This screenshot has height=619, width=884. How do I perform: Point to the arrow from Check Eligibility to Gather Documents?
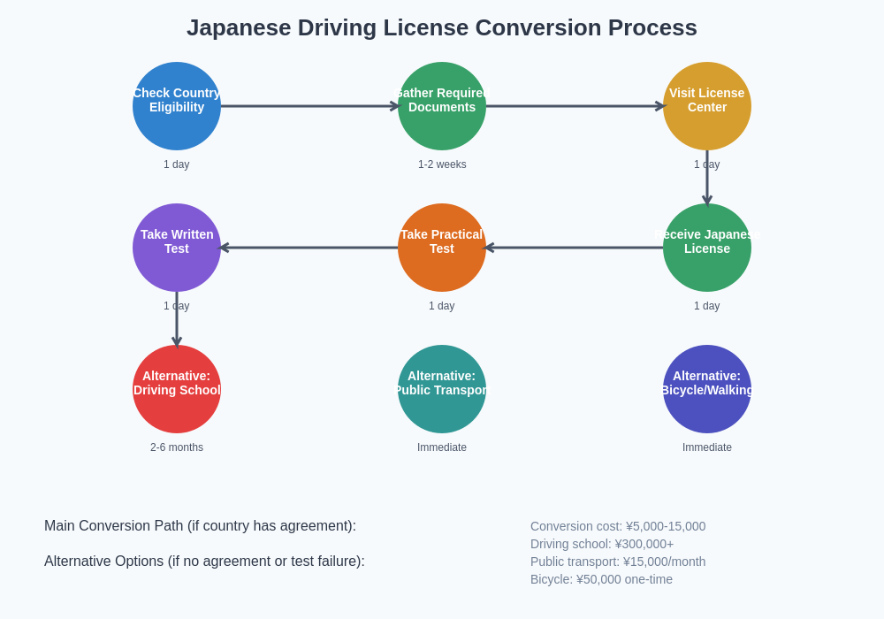click(x=309, y=106)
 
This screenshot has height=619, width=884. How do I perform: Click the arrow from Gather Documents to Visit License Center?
click(x=575, y=106)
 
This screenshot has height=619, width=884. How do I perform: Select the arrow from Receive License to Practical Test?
click(x=575, y=248)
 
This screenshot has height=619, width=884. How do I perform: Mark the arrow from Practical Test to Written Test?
click(x=309, y=248)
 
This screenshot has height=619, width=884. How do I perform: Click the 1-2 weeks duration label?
click(x=442, y=164)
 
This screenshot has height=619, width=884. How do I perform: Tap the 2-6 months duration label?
click(x=177, y=447)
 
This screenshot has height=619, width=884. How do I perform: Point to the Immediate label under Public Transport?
click(x=442, y=447)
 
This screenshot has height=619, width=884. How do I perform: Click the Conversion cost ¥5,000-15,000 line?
click(x=618, y=526)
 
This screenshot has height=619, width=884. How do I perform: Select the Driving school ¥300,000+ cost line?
click(x=602, y=544)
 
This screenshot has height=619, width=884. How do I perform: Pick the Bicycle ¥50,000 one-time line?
click(x=601, y=579)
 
